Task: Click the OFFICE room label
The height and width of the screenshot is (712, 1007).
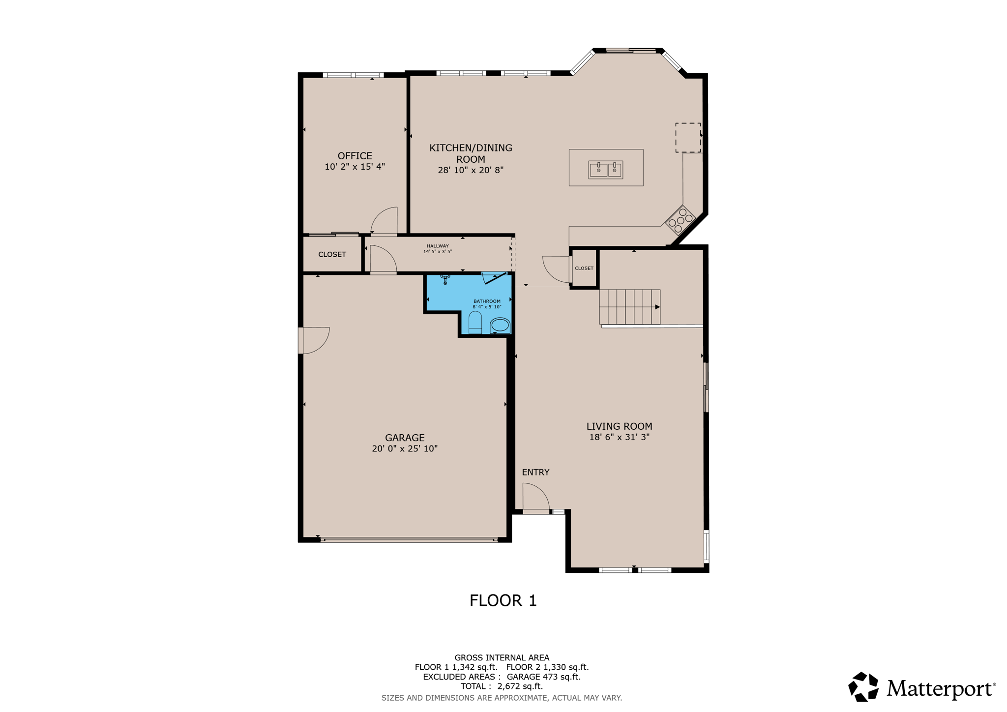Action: click(x=355, y=156)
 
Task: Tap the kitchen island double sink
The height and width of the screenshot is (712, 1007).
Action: click(x=606, y=170)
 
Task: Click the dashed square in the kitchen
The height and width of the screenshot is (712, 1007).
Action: click(x=687, y=138)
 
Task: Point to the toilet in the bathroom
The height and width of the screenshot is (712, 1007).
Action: click(x=475, y=323)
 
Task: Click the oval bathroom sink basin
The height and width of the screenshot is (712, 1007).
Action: click(x=500, y=325)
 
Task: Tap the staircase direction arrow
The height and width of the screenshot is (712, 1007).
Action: click(x=657, y=307)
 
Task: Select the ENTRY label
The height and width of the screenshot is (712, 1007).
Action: click(x=535, y=472)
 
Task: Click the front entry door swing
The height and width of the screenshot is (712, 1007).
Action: click(x=536, y=498)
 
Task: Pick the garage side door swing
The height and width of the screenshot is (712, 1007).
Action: click(x=315, y=340)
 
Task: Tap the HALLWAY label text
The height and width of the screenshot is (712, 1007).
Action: click(x=438, y=246)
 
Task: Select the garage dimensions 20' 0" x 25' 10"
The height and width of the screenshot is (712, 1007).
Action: click(x=405, y=448)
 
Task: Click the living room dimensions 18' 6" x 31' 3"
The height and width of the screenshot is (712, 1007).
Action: click(x=619, y=437)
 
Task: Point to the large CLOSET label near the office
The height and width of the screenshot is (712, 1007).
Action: click(x=332, y=254)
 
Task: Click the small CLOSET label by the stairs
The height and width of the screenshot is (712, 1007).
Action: click(x=584, y=268)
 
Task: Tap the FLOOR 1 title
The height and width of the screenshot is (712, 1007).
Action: click(x=503, y=600)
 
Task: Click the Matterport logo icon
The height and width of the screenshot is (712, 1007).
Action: click(x=863, y=687)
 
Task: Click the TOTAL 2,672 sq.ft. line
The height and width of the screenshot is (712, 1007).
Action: click(x=502, y=686)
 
